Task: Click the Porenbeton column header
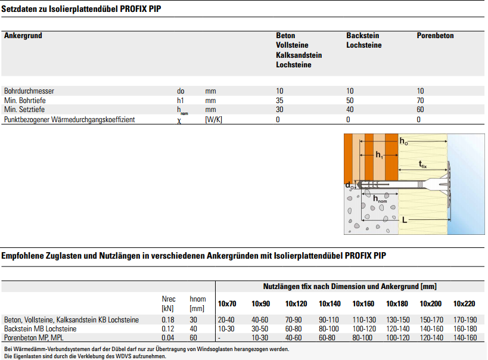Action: [x=435, y=36]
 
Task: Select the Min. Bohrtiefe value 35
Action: [x=279, y=101]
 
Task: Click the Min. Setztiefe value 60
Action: [x=421, y=110]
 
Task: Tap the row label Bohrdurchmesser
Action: [x=29, y=91]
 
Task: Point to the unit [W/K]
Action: [x=214, y=120]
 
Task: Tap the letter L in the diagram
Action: [x=405, y=220]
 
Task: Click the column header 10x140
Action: [x=329, y=304]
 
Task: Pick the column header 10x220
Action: [x=464, y=304]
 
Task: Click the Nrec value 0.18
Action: [x=168, y=320]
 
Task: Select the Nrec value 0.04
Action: [x=168, y=338]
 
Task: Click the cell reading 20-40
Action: [x=227, y=320]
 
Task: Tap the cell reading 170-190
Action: [x=465, y=320]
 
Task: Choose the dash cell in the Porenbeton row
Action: [x=219, y=338]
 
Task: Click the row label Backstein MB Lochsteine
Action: [x=40, y=329]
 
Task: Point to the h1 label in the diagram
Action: [x=380, y=154]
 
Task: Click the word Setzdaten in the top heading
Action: [x=20, y=9]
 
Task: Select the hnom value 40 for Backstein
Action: [x=194, y=329]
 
